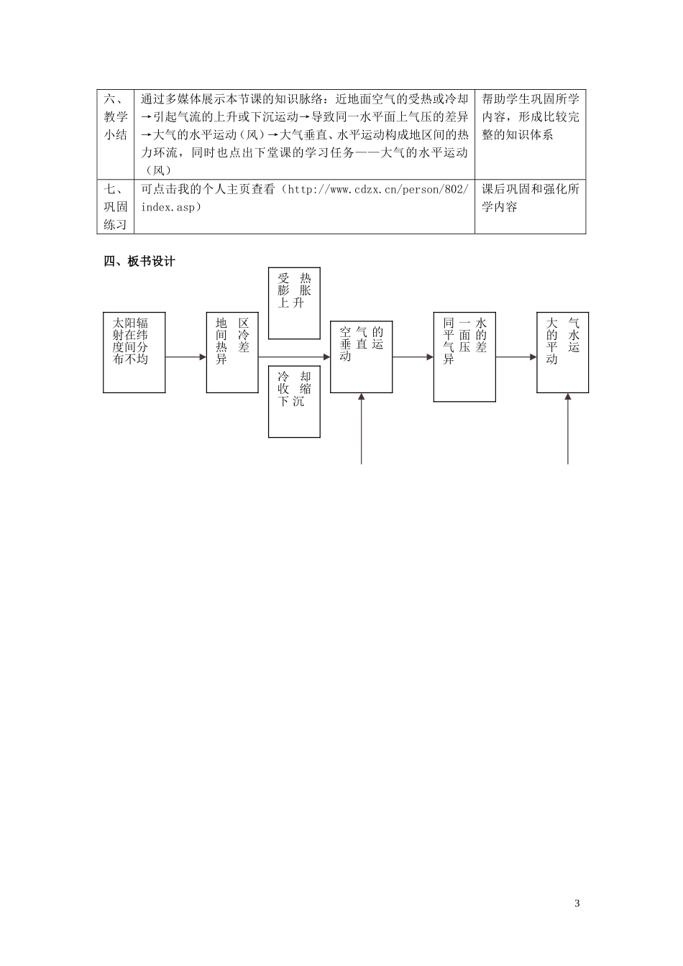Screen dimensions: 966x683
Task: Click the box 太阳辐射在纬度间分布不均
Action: click(134, 352)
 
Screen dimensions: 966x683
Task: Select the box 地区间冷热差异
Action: click(232, 352)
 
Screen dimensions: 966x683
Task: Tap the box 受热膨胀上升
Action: click(294, 303)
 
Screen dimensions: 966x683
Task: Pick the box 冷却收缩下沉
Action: click(294, 401)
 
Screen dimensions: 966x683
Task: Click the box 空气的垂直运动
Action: click(361, 356)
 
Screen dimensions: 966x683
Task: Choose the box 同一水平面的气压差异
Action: click(464, 356)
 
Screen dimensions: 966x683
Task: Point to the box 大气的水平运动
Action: click(562, 352)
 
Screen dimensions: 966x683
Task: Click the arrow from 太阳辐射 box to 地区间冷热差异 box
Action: click(186, 356)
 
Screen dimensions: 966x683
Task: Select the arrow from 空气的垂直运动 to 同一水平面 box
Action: click(413, 356)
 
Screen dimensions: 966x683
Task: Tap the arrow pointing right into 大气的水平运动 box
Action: click(516, 356)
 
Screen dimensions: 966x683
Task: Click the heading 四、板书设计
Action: click(139, 262)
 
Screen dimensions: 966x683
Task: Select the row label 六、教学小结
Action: click(116, 117)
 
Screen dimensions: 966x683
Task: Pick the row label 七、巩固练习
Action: click(116, 207)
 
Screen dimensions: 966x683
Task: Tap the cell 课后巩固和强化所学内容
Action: click(530, 198)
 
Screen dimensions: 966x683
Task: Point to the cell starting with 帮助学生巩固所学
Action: click(530, 116)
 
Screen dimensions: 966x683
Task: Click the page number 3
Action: click(577, 903)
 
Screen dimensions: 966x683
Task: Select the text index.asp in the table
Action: click(170, 207)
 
